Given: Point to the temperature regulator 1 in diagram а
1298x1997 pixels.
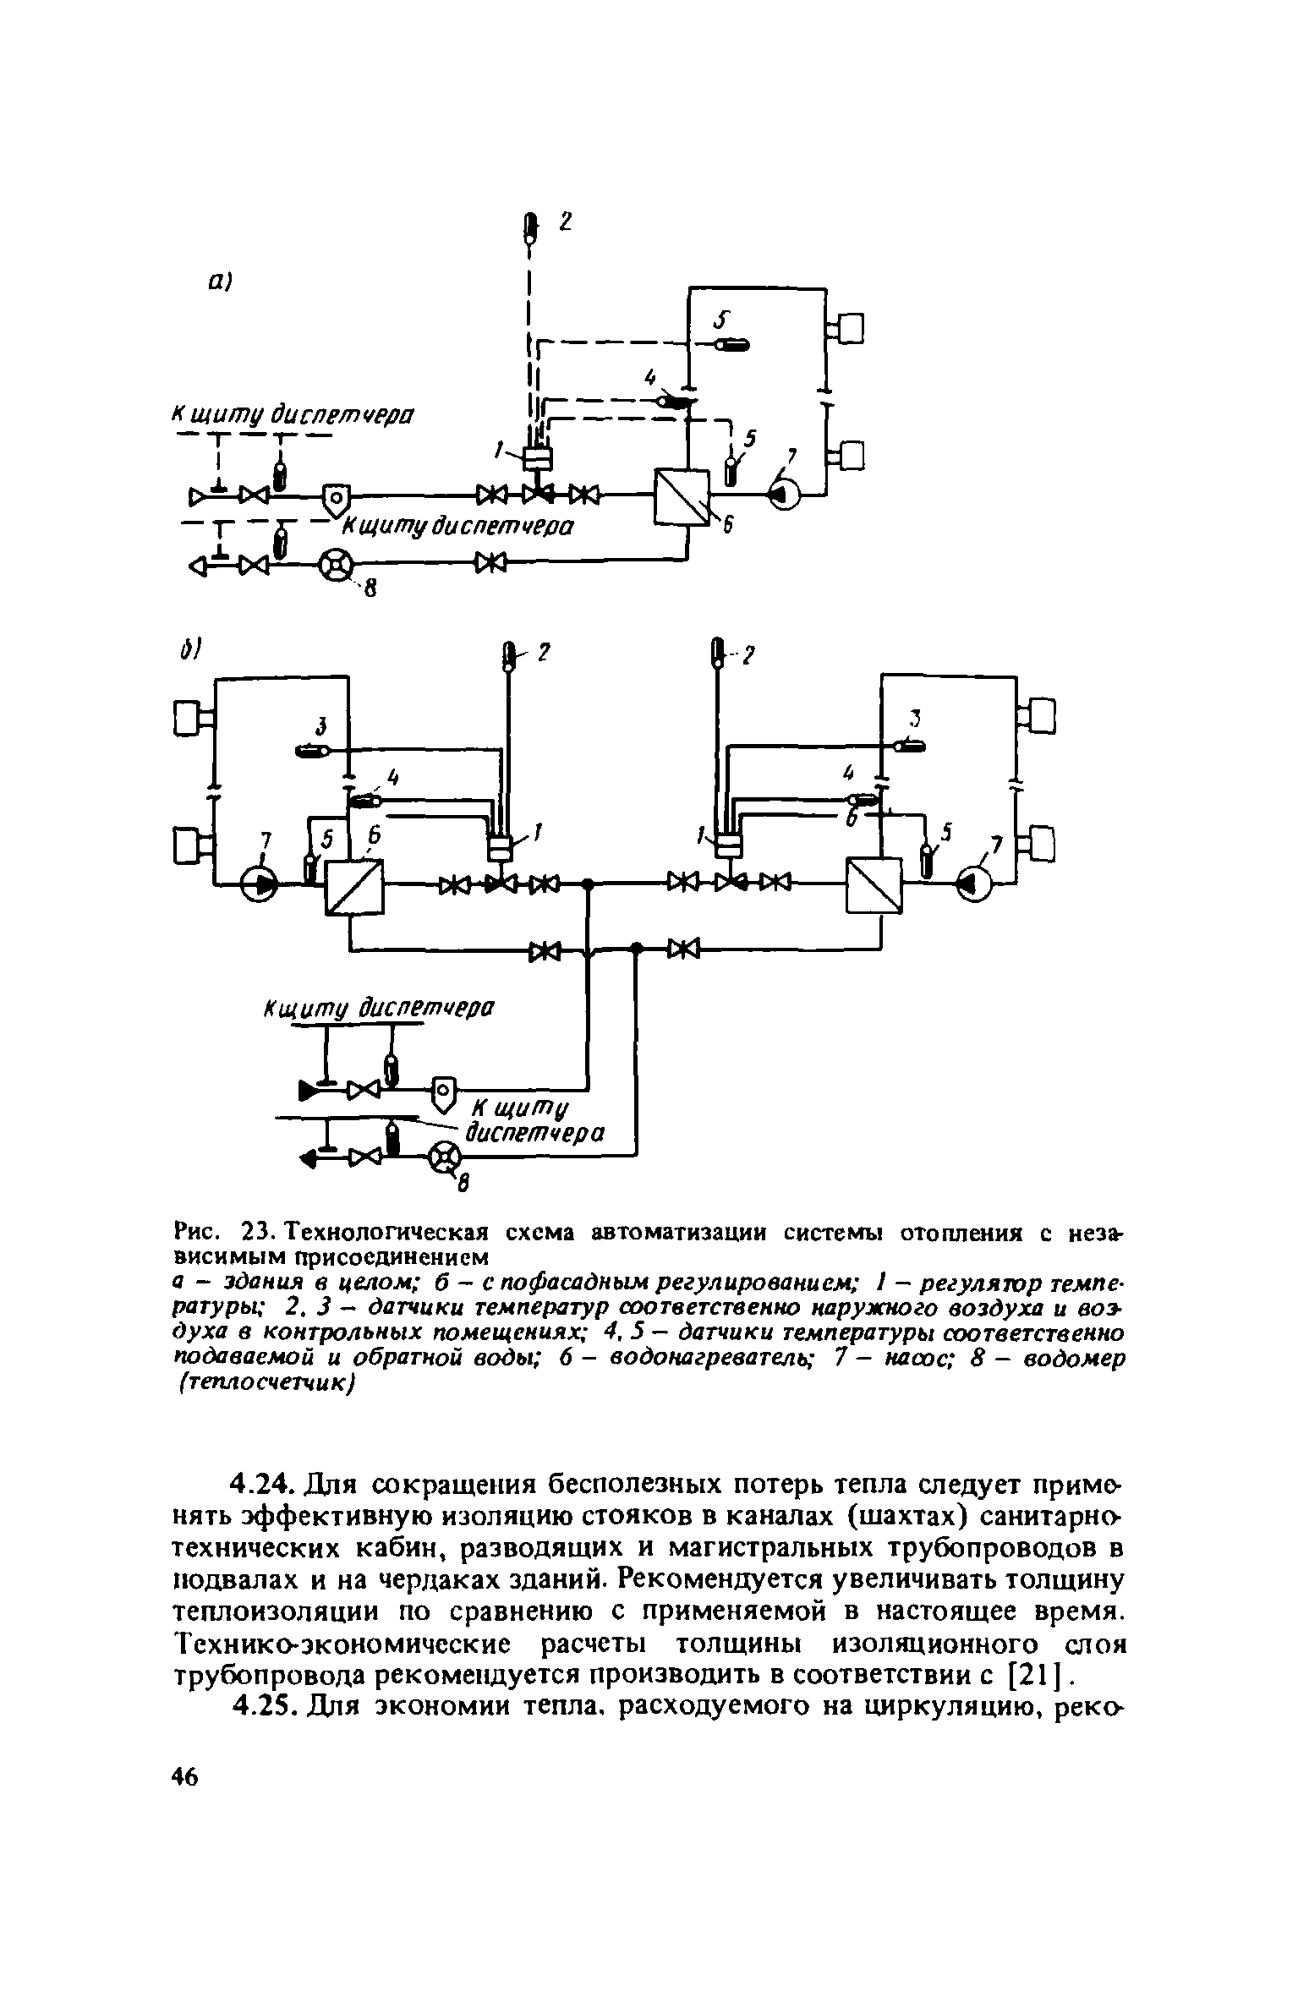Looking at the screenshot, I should (537, 457).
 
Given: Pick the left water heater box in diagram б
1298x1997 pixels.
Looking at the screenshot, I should (354, 887).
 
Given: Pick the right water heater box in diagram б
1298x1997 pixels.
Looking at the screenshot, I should (874, 886).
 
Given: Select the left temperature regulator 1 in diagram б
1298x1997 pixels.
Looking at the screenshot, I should (501, 845).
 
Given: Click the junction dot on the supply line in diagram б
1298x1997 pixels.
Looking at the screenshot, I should (586, 884).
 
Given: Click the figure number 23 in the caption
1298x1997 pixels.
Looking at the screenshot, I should (255, 1234).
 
